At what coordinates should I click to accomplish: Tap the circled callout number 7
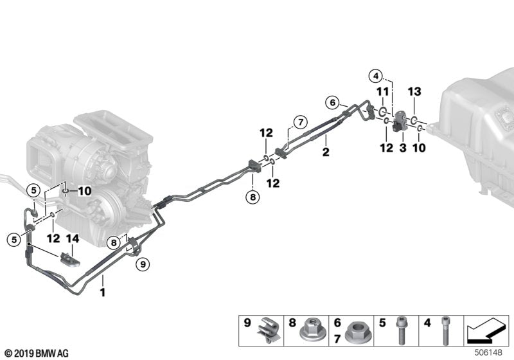[298, 122]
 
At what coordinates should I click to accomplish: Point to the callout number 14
[73, 239]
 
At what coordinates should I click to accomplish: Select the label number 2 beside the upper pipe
[326, 152]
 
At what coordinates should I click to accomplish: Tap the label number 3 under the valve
[403, 148]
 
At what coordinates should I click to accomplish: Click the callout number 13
[414, 93]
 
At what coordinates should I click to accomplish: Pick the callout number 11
[382, 93]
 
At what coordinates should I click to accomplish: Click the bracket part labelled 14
[69, 260]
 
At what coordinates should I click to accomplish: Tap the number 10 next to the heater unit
[85, 191]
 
